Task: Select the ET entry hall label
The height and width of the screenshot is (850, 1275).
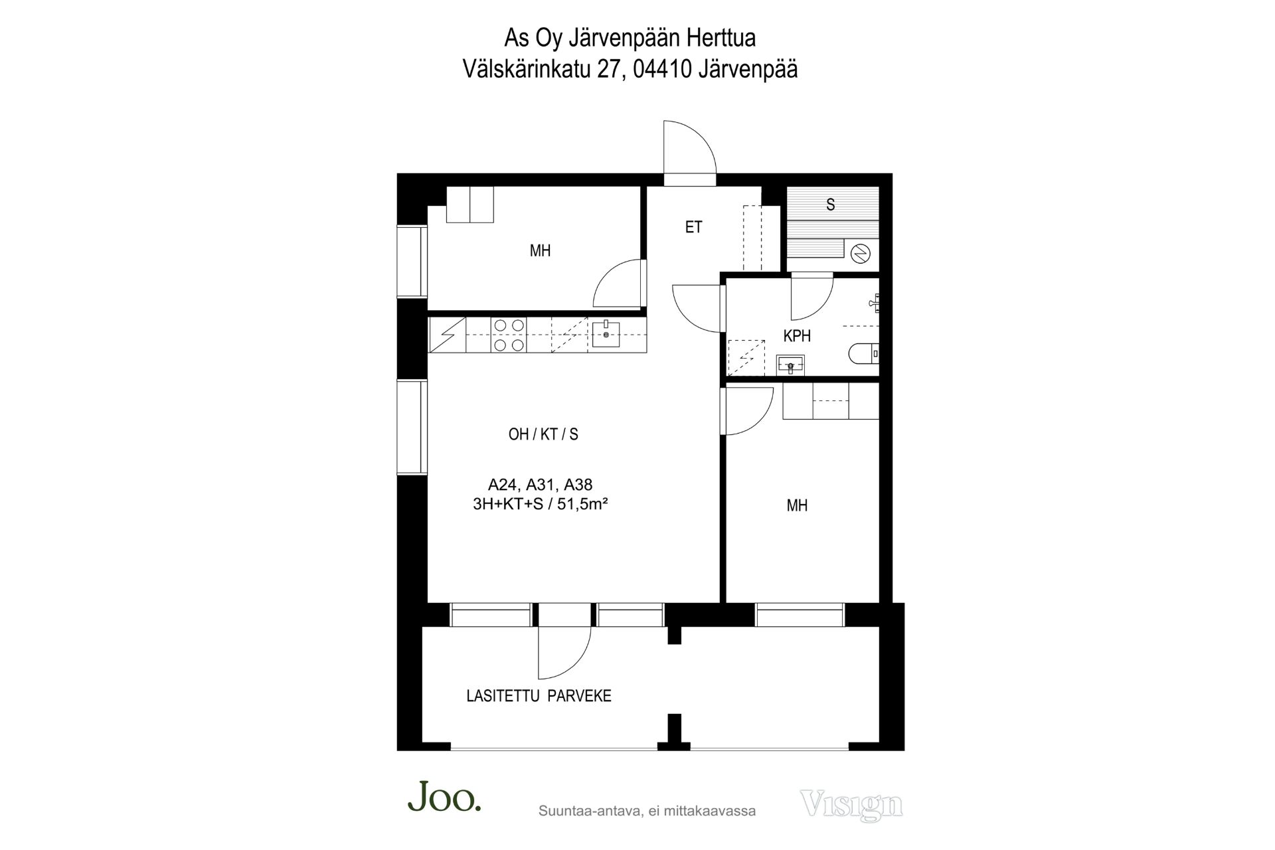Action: click(x=693, y=227)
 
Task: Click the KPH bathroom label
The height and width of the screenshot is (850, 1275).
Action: click(x=797, y=336)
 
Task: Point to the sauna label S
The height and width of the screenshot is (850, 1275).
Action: click(x=830, y=205)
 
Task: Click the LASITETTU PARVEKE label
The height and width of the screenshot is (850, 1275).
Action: click(x=539, y=696)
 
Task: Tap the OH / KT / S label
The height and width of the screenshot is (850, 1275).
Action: click(x=543, y=434)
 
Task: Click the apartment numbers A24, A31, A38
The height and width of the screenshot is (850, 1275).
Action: click(x=540, y=485)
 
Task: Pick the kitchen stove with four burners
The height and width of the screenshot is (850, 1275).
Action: click(x=509, y=335)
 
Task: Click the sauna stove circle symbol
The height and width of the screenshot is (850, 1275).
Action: click(x=861, y=253)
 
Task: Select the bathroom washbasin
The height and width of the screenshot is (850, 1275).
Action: click(x=790, y=364)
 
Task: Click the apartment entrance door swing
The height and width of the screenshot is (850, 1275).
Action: click(x=690, y=147)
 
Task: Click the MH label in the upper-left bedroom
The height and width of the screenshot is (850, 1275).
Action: click(x=540, y=251)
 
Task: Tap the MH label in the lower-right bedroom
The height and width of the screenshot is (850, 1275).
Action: click(x=797, y=506)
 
